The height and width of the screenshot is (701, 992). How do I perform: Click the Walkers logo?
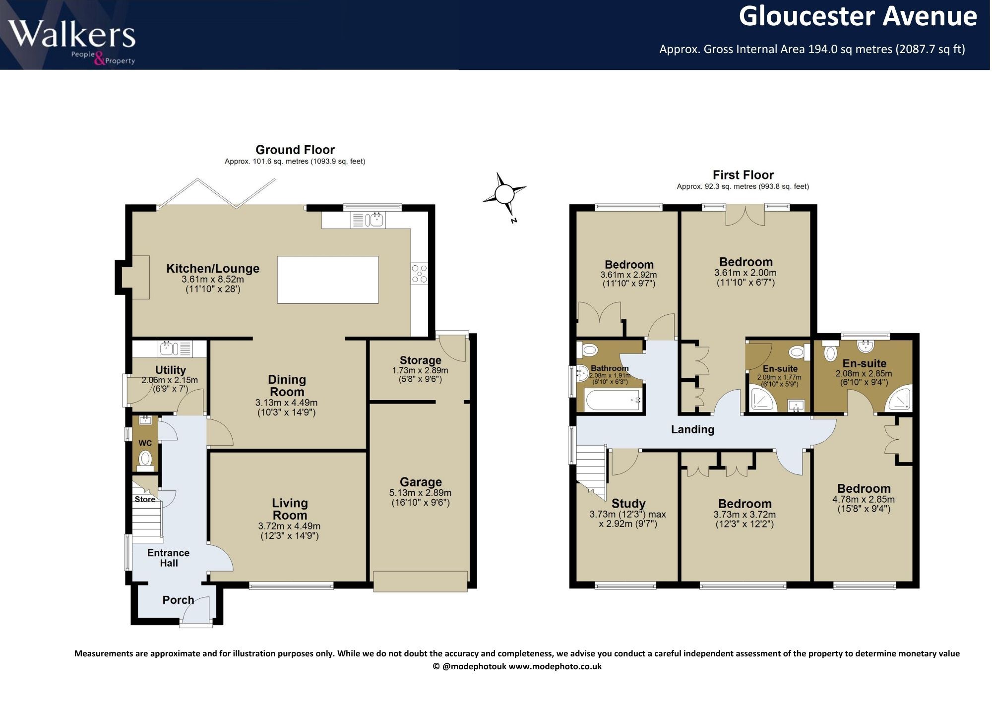coord(71,42)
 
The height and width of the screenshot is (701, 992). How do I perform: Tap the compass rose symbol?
coord(505,194)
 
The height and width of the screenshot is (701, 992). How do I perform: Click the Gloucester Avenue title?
coord(858,16)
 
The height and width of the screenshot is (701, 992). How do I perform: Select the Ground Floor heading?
coord(295,149)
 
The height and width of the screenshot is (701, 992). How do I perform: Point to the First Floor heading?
coord(743,175)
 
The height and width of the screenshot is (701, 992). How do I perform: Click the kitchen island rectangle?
coord(328,280)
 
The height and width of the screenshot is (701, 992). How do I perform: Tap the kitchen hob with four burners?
coord(420,273)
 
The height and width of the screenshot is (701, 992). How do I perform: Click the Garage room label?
coord(421,482)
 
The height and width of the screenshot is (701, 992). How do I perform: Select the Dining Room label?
coord(287,386)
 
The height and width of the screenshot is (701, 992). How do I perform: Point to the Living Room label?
coord(290,509)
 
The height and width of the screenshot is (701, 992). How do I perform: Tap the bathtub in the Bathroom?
coord(613,400)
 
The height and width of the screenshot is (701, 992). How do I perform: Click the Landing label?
coord(692,429)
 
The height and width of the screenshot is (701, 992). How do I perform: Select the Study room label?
coord(628,504)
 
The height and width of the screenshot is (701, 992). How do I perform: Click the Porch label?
coord(178,600)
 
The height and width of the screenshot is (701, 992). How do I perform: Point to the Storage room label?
coord(420,360)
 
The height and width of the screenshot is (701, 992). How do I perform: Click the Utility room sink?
coord(175,349)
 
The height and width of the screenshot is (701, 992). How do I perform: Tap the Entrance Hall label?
coord(169,558)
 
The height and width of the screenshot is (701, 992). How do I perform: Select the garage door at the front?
coord(421,582)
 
